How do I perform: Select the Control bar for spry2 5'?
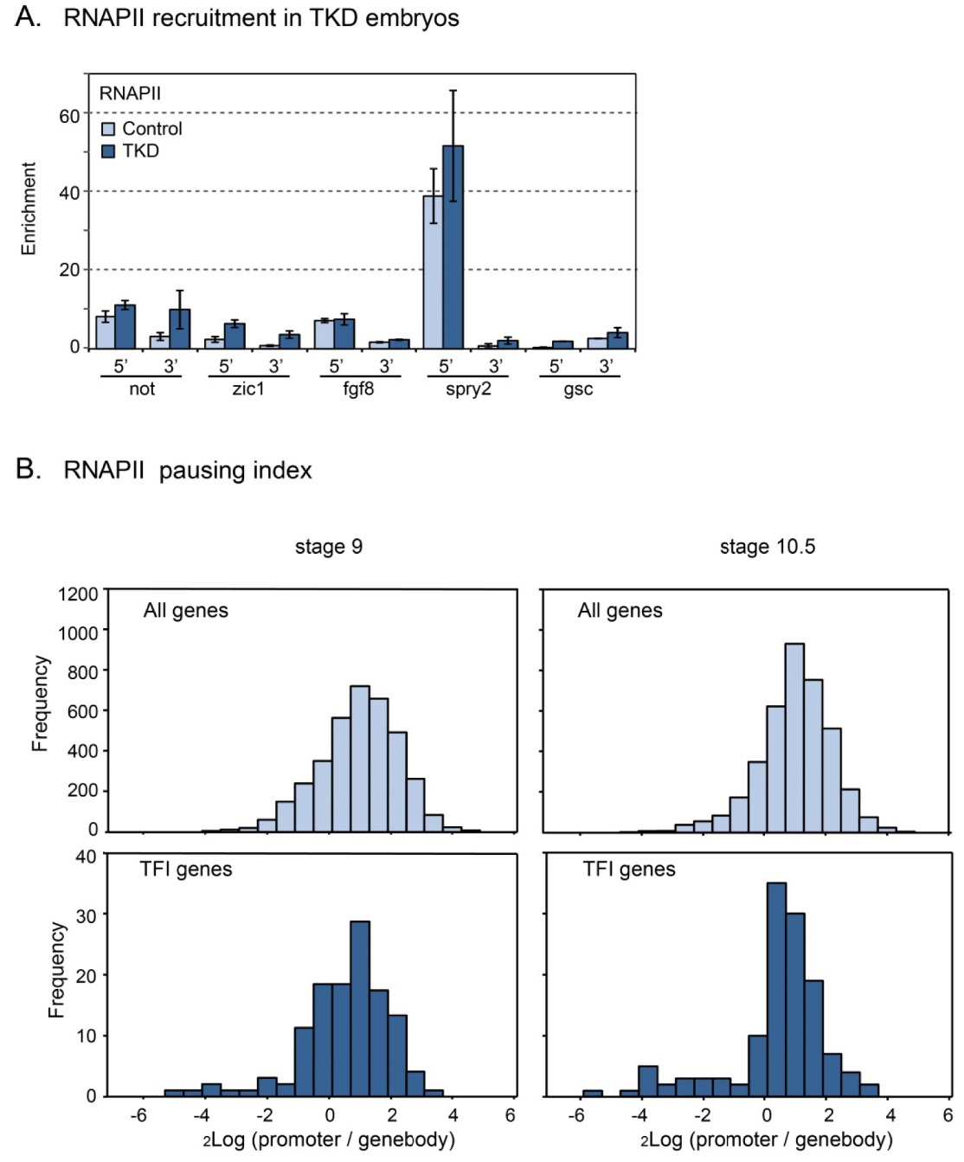click(433, 272)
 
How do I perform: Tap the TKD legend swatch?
click(108, 151)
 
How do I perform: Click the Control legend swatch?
click(108, 129)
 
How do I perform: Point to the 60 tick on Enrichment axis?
click(69, 116)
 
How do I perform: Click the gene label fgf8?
click(358, 388)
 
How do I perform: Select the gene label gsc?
click(578, 388)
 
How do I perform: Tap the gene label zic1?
click(248, 388)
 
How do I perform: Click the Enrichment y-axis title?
click(29, 209)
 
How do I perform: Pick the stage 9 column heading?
click(329, 547)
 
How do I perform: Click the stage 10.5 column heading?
click(768, 547)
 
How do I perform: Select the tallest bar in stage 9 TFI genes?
click(360, 1008)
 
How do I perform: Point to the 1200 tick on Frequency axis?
click(78, 594)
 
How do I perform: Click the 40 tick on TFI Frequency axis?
click(86, 857)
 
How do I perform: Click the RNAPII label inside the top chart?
click(130, 93)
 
